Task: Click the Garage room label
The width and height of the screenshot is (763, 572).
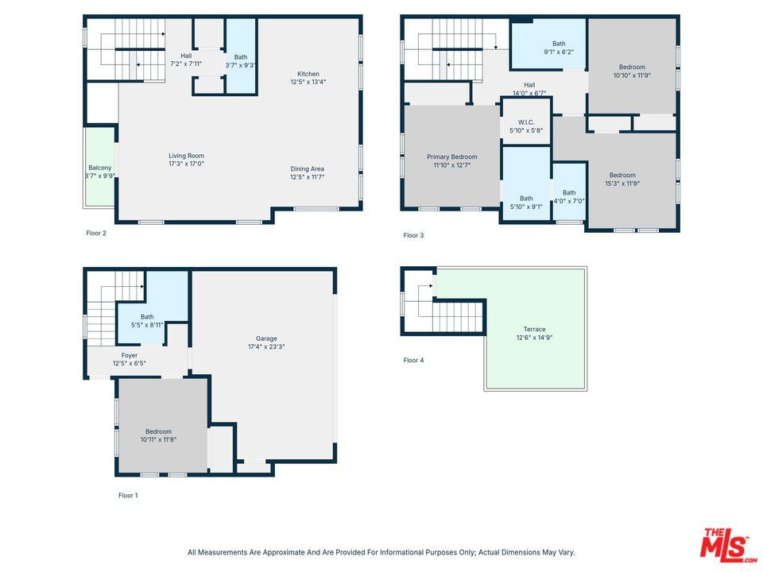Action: coord(266,338)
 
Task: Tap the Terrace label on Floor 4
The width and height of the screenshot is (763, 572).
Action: coord(534,329)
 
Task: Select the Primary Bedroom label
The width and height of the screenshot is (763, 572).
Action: coord(452,157)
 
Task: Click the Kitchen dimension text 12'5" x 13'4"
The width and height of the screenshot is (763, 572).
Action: coord(308,82)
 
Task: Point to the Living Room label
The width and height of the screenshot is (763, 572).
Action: coord(186,156)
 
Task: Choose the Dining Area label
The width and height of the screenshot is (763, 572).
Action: coord(307,168)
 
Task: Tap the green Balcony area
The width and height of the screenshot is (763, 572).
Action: coord(100,167)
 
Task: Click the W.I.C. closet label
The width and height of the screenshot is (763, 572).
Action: coord(526,122)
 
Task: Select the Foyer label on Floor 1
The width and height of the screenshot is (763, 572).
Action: coord(130,355)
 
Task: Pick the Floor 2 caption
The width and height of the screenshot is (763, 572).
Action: coord(96,233)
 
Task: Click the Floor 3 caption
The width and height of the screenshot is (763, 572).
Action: coord(413,235)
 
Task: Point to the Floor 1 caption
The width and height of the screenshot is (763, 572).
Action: coord(128,495)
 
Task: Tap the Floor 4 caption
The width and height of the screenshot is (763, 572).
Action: coord(413,361)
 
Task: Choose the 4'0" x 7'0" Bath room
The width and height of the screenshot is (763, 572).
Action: coord(569,191)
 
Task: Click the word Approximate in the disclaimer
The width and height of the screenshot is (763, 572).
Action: coord(281,553)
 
